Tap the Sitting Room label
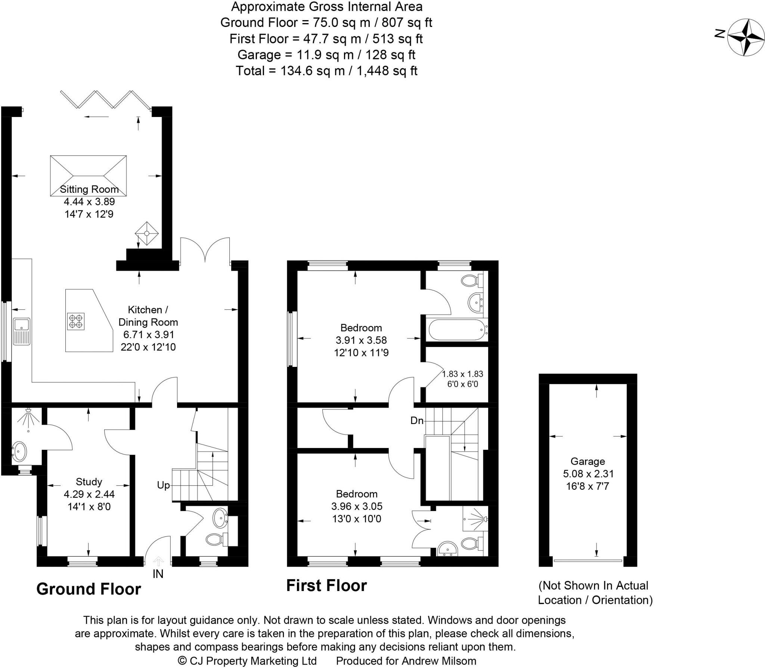click(89, 189)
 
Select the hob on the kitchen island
click(76, 321)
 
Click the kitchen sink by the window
click(22, 331)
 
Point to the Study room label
click(89, 482)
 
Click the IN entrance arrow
click(158, 561)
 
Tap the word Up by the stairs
click(163, 485)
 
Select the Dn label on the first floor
click(417, 421)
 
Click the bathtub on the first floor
click(458, 330)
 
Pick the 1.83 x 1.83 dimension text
click(462, 374)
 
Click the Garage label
click(588, 461)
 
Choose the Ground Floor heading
click(89, 589)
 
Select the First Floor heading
click(326, 585)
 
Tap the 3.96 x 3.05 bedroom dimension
click(357, 506)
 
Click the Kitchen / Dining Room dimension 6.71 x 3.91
click(148, 334)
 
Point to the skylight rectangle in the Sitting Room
click(88, 176)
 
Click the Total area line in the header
click(326, 71)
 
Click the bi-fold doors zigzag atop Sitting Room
click(106, 99)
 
